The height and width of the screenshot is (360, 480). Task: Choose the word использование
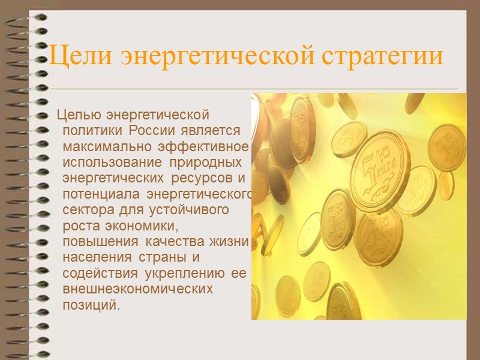[111, 163]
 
